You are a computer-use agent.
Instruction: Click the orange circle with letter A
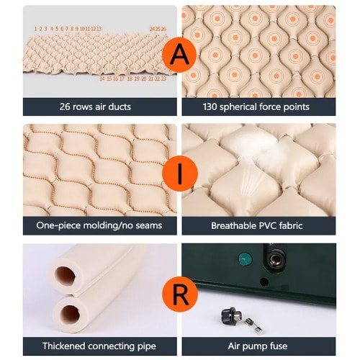click(179, 55)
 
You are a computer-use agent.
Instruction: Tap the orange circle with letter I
click(180, 173)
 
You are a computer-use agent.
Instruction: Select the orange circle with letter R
click(180, 294)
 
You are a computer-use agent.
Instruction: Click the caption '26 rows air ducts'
click(95, 107)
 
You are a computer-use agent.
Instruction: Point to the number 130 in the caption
click(210, 107)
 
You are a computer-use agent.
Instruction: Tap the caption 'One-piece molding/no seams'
click(99, 225)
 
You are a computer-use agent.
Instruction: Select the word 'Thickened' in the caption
click(63, 346)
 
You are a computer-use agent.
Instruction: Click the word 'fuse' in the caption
click(279, 346)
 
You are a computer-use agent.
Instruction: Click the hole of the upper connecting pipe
click(65, 276)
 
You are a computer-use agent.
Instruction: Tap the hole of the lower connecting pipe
click(70, 315)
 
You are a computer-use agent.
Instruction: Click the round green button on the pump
click(245, 259)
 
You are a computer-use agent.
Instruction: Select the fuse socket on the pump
click(274, 259)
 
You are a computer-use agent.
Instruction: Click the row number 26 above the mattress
click(163, 29)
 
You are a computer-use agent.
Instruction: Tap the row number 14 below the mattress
click(102, 78)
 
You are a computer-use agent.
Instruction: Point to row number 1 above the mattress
click(35, 29)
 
